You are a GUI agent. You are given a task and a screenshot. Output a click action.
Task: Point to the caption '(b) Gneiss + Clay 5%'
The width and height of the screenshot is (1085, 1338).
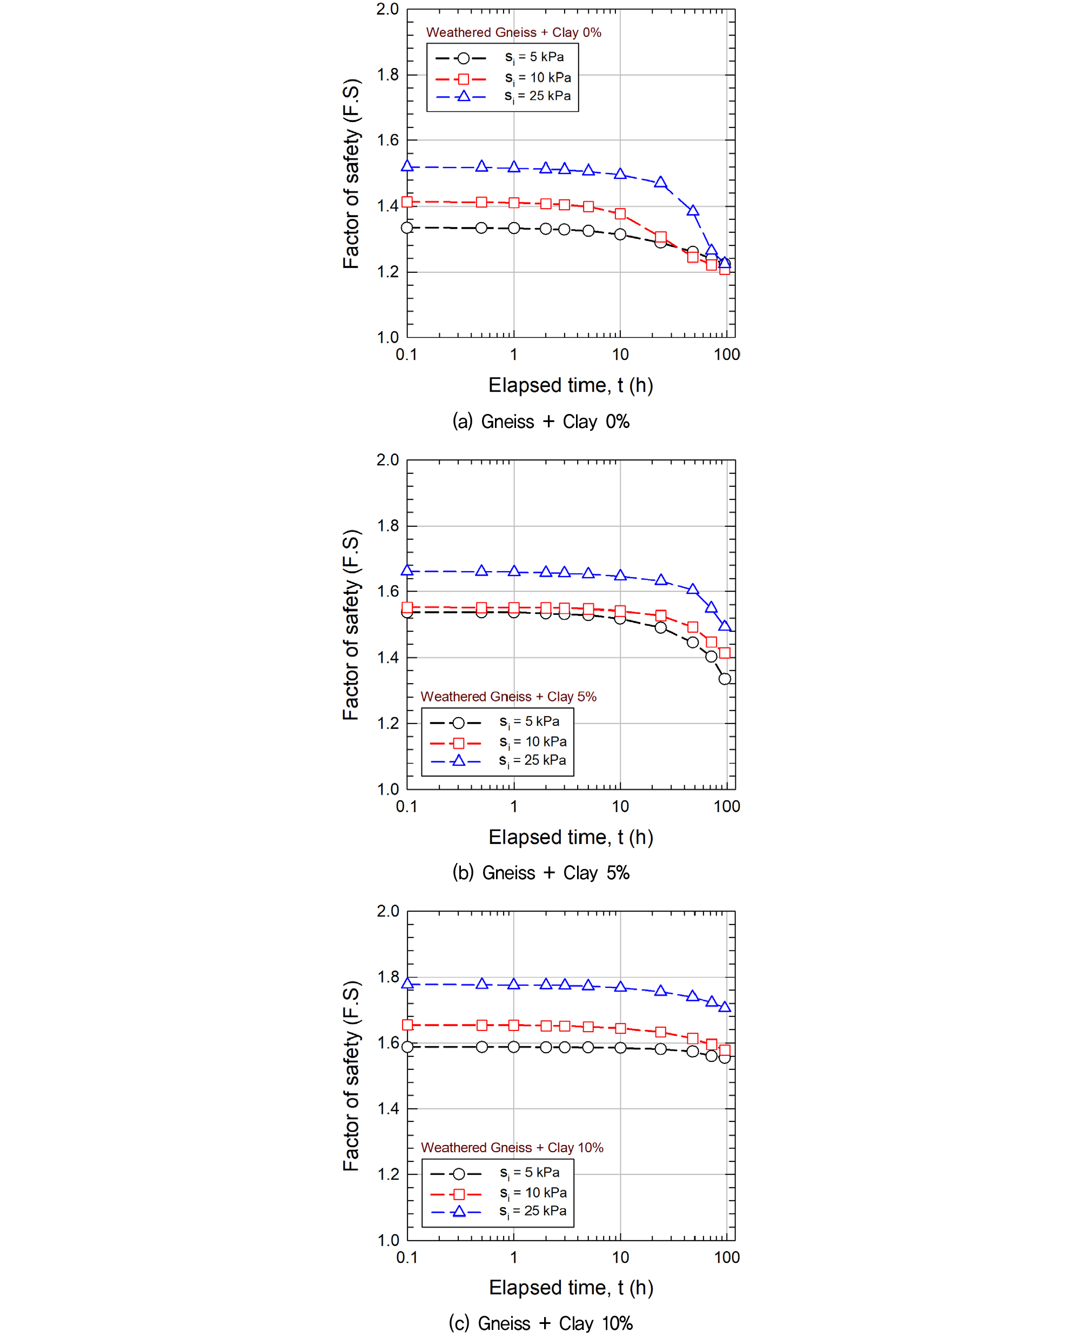coord(541,872)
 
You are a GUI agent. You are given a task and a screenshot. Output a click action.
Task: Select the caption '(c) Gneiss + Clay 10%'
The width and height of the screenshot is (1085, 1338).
coord(541,1323)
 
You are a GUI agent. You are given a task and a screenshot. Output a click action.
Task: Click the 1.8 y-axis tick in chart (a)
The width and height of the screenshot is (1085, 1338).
coord(387,75)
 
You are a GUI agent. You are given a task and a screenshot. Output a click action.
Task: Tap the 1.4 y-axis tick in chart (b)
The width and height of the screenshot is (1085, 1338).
coord(387,658)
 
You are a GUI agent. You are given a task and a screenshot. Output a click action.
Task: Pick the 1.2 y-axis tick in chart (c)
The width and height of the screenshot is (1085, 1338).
coord(387,1174)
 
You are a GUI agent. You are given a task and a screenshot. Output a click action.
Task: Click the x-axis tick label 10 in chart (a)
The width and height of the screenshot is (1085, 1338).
coord(620,355)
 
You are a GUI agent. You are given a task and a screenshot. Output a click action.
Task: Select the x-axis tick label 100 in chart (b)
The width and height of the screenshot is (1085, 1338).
coord(727,806)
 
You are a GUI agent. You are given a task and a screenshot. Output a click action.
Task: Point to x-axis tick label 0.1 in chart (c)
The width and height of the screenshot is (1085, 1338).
coord(407,1257)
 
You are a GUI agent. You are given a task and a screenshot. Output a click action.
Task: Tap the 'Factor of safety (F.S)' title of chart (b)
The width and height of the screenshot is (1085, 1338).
coord(351,625)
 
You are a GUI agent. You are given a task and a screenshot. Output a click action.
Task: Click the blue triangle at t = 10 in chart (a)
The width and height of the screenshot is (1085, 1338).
coord(620,173)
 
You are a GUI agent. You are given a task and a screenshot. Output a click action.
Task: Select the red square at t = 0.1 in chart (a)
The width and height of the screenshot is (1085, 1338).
coord(407,202)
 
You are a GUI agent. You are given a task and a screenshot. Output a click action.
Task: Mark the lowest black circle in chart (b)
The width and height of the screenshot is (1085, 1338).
coord(725,679)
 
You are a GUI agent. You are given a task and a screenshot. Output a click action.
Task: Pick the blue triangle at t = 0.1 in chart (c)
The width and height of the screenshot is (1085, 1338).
coord(407,983)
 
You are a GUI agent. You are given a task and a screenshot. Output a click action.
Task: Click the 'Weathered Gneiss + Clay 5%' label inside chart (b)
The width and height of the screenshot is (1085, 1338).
coord(508,697)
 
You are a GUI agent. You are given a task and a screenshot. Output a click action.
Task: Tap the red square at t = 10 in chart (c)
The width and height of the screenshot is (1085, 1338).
coord(620,1028)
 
